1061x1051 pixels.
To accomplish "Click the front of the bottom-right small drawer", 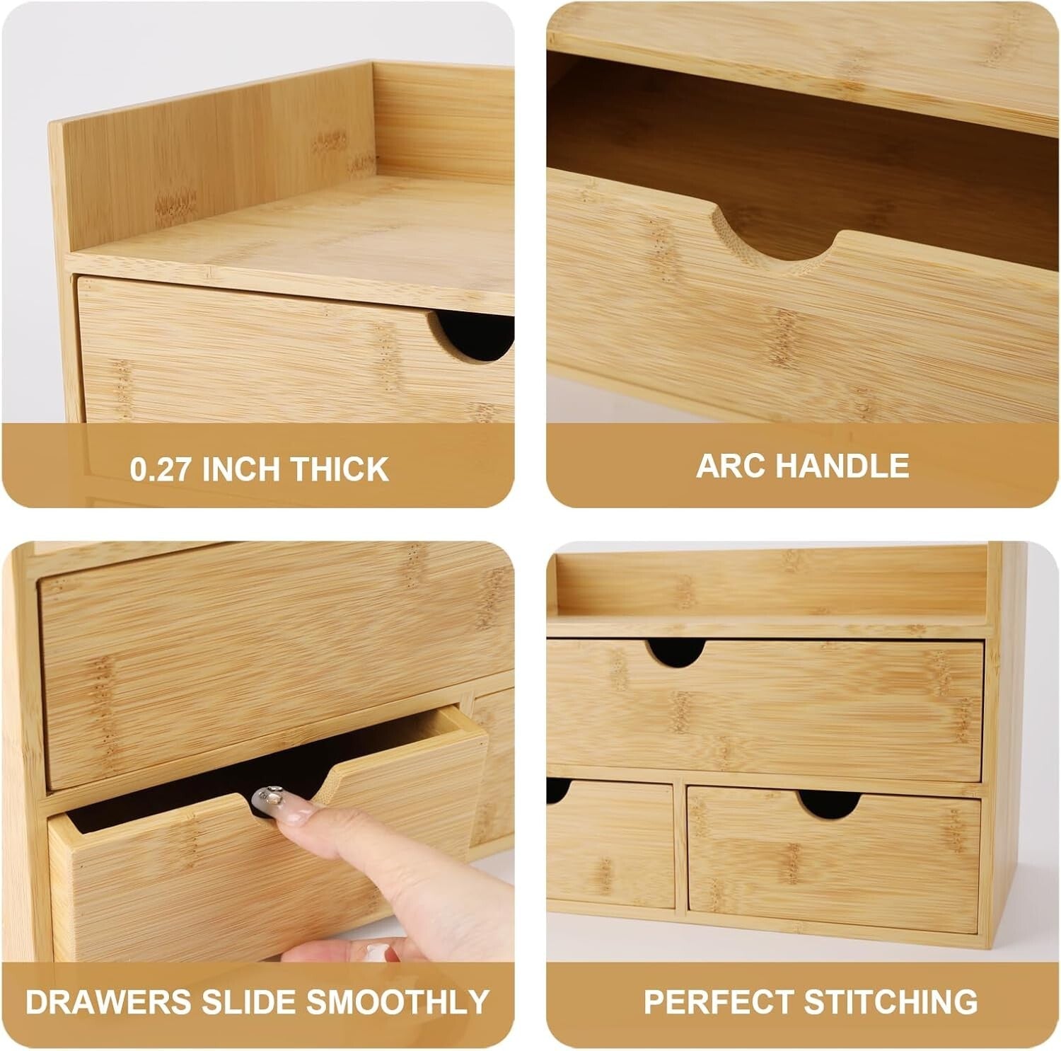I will pyautogui.click(x=835, y=863).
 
